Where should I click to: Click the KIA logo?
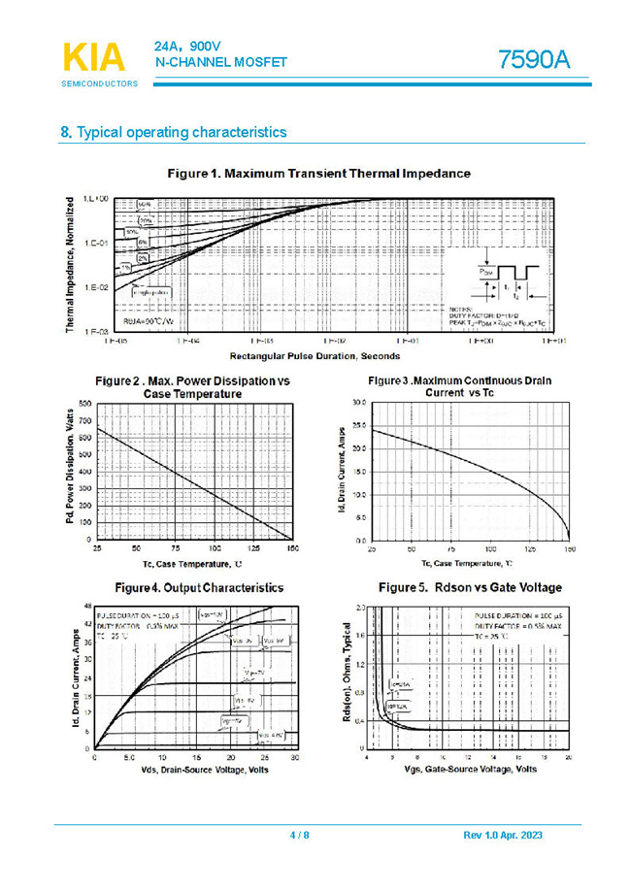(x=94, y=58)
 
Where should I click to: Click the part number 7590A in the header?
(x=533, y=60)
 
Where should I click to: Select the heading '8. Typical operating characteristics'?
(x=174, y=132)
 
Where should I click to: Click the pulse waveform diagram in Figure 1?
(x=511, y=279)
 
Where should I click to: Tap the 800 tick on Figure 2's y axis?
(x=84, y=403)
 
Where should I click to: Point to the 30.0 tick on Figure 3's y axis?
(x=358, y=403)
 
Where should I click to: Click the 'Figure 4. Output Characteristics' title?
(x=199, y=588)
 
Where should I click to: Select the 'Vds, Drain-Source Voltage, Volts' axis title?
(x=192, y=770)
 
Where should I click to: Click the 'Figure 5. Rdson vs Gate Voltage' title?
(x=469, y=588)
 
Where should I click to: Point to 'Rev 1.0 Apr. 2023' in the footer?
(x=503, y=836)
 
